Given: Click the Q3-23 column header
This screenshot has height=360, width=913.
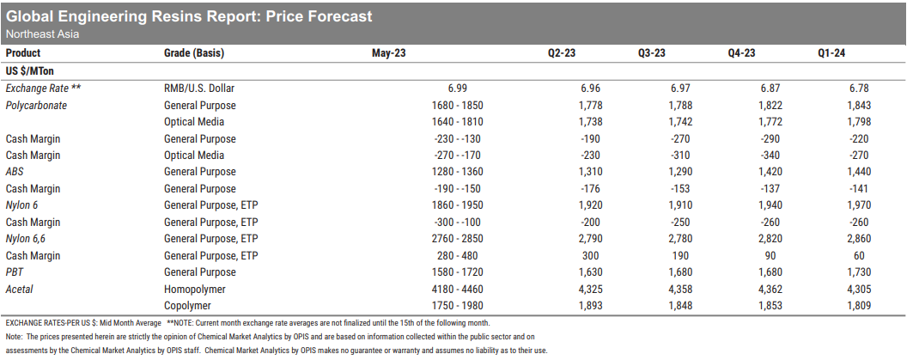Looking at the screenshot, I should click(651, 53).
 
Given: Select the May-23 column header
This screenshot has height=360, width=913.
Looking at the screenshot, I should click(388, 53).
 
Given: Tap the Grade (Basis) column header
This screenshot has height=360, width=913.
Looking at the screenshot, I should click(193, 53).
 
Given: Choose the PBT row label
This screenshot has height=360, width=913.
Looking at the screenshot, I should click(15, 272).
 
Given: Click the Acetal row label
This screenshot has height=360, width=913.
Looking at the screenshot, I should click(21, 289).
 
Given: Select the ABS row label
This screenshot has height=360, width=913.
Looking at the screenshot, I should click(15, 172).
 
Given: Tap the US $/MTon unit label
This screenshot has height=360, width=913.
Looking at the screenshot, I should click(30, 70).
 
